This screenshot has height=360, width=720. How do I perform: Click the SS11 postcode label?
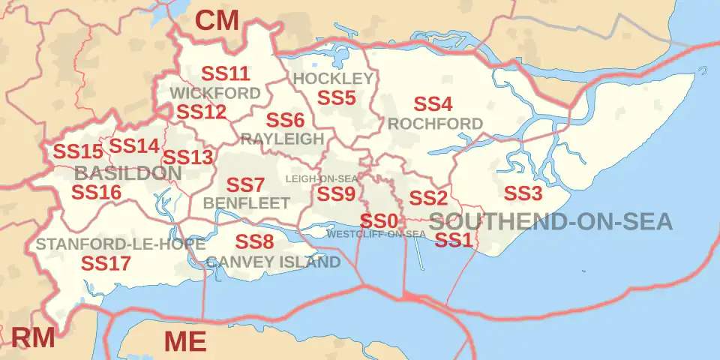(x=226, y=73)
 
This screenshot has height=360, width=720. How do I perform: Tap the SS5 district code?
(x=336, y=97)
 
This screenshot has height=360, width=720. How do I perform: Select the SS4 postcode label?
(x=433, y=104)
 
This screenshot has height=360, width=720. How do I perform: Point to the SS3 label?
(x=522, y=193)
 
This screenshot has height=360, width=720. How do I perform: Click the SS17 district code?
(x=106, y=263)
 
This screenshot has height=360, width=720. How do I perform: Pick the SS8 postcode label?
(x=255, y=241)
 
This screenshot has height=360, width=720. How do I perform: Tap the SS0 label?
(x=378, y=221)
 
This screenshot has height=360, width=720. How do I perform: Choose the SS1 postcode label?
(x=454, y=241)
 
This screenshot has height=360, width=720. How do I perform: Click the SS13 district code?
(x=188, y=158)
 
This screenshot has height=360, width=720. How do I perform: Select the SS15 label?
(x=77, y=151)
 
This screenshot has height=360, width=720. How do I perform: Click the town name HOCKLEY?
(x=333, y=79)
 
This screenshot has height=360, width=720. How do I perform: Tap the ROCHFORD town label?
(x=436, y=123)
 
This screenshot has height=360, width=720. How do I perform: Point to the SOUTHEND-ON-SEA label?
(x=551, y=221)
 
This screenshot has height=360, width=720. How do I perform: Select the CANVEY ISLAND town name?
(x=273, y=262)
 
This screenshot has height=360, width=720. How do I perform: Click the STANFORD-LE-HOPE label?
(x=121, y=244)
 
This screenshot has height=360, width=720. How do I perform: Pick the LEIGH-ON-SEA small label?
(x=322, y=178)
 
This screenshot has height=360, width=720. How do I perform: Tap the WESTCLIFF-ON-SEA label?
(x=376, y=234)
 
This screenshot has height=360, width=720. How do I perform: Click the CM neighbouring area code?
(x=217, y=21)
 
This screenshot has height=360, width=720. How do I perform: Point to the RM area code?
(x=32, y=337)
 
